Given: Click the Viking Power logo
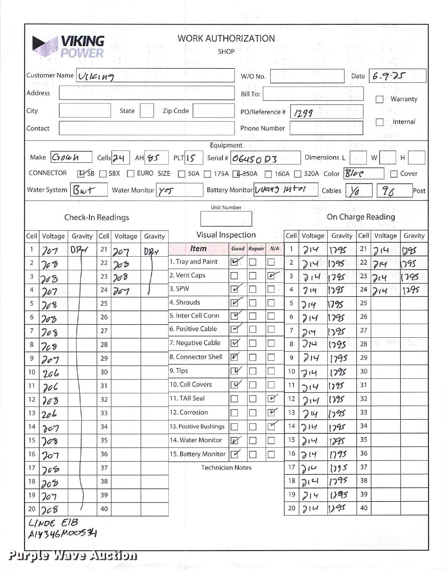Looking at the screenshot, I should [69, 47].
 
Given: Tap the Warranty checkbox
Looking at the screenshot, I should [379, 99].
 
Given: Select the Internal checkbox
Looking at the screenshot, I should [379, 122].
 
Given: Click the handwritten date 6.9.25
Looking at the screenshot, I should [389, 76].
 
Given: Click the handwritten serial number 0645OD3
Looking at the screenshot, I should [254, 159].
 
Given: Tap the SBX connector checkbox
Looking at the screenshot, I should [103, 174].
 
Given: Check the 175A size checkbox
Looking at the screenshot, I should [207, 174].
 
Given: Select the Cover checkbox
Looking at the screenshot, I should [394, 174].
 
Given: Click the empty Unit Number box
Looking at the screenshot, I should [226, 219].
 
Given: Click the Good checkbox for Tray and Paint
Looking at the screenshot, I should [235, 262].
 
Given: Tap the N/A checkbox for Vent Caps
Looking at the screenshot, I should [271, 276].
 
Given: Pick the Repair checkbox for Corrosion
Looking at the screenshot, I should [253, 413].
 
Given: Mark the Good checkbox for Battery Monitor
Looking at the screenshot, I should [235, 454].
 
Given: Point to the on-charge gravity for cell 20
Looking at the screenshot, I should [337, 509].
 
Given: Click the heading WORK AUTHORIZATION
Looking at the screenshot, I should [226, 39].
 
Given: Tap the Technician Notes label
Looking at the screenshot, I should [226, 468].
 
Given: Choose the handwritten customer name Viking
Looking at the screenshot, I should [96, 76].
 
